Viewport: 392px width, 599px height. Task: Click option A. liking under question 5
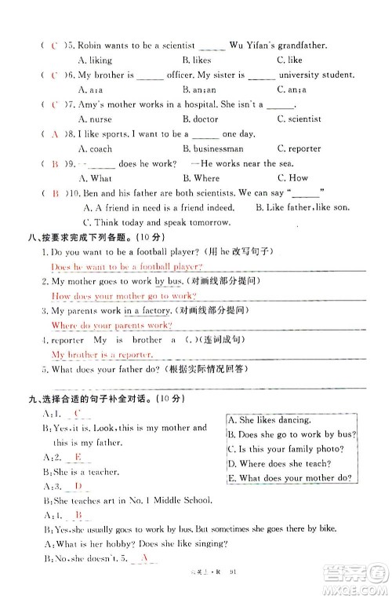tap(95, 60)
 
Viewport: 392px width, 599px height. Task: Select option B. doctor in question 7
tap(200, 119)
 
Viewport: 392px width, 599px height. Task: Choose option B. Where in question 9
tap(201, 178)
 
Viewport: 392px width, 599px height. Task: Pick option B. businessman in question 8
tap(212, 148)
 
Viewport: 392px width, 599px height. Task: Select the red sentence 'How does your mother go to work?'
tap(111, 296)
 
